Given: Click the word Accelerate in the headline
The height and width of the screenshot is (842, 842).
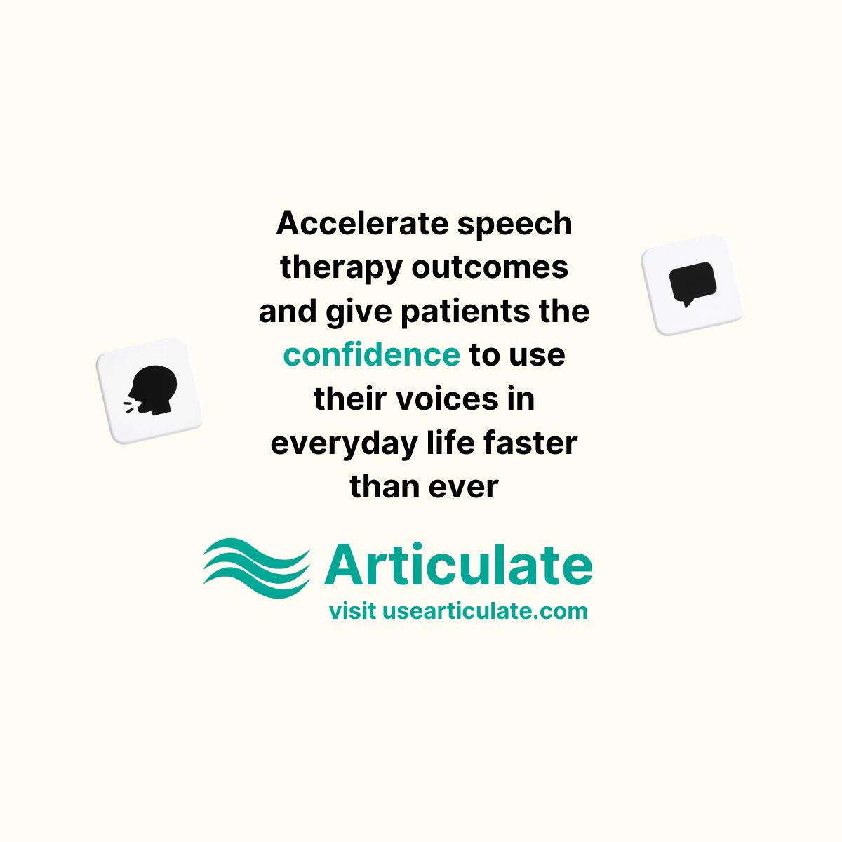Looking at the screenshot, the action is pos(362,223).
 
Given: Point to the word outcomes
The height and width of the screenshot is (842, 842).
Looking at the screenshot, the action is pos(490,267).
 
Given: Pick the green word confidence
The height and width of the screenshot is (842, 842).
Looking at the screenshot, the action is pos(371,354).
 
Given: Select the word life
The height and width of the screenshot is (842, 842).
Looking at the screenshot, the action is pos(450,442).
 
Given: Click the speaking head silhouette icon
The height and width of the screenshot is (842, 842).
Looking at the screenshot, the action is pos(152,390).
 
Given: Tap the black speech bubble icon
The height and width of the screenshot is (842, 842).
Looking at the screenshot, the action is pos(693,284).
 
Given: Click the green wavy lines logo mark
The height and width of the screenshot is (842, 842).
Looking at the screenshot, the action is pos(257,568).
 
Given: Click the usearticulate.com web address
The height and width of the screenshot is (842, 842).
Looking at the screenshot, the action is pos(485,610).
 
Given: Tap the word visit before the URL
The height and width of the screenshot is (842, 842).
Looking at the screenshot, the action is pos(352,610).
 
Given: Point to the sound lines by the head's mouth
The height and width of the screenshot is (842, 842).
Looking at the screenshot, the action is pos(130,407).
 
